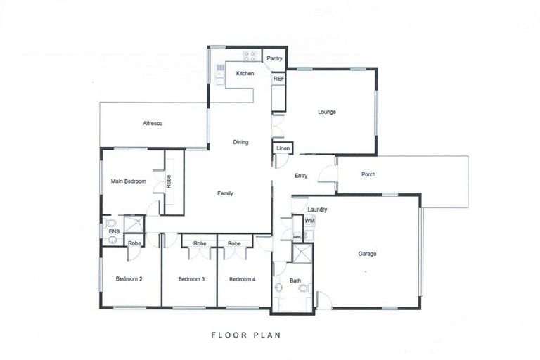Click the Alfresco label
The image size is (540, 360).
[x=153, y=124]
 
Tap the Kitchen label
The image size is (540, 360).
[x=245, y=74]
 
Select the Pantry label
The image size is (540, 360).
[x=275, y=58]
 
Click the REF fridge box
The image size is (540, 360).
[x=278, y=79]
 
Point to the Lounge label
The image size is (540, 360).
[x=327, y=112]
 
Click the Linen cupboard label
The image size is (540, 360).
[x=283, y=148]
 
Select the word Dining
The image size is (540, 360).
[x=240, y=142]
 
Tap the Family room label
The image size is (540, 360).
[x=225, y=193]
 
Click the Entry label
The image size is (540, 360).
[x=301, y=176]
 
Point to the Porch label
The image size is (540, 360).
[x=368, y=174]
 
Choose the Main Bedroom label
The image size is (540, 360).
[x=129, y=181]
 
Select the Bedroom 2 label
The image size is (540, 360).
[x=129, y=279]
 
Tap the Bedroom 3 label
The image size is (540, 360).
[x=191, y=279]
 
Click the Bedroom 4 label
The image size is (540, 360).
[x=242, y=279]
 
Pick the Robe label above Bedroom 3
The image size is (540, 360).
[x=200, y=243]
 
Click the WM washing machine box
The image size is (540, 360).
[x=309, y=221]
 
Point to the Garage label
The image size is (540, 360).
[x=368, y=254]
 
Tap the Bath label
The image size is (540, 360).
[x=295, y=281]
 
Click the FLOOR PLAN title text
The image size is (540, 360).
[x=246, y=335]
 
